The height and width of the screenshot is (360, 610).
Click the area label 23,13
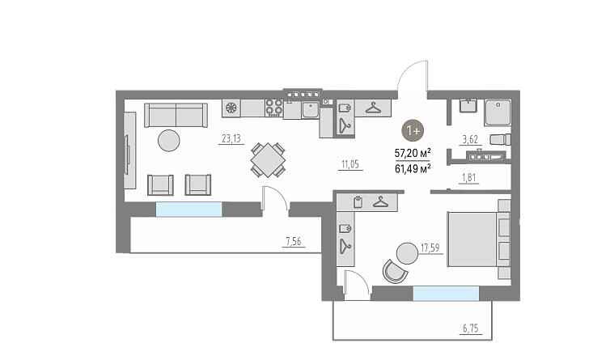231,138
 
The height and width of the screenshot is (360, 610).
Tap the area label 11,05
350,164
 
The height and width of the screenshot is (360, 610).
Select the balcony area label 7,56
294,241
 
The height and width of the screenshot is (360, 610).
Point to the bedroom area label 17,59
430,248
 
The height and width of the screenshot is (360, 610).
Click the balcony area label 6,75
471,328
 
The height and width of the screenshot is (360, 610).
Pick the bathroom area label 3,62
470,139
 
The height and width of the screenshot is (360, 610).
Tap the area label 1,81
468,178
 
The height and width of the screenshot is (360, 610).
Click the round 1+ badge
413,130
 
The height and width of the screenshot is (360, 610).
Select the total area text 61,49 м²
413,169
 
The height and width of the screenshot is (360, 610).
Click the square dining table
268,160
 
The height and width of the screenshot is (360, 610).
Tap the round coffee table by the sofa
169,140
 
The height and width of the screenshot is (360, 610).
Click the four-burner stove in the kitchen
274,108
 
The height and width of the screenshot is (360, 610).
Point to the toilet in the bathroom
500,139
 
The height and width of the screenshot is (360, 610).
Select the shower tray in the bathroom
498,112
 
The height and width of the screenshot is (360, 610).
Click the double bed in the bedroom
479,239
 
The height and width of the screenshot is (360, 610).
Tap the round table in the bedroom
407,253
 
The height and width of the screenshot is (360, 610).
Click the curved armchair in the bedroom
395,271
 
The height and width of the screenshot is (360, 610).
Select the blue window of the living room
189,209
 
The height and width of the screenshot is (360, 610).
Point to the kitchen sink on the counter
311,109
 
